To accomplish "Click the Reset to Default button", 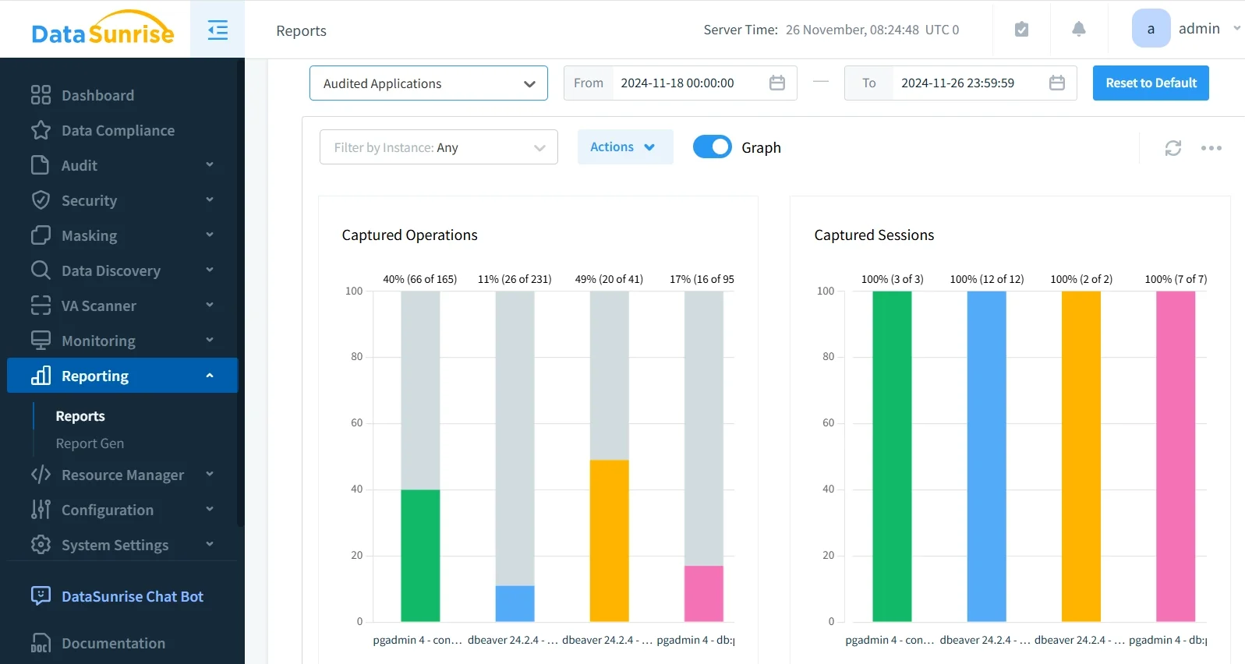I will [x=1150, y=83].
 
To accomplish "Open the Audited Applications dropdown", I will [x=428, y=83].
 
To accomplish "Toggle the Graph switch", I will [x=712, y=147].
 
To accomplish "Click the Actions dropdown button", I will [x=624, y=147].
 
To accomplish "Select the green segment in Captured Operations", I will [x=420, y=555].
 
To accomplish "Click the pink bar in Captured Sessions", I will [x=1175, y=456].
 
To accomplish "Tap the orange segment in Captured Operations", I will [x=609, y=540].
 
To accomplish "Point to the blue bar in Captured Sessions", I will [x=986, y=456].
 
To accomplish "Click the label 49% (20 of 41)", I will [x=609, y=279].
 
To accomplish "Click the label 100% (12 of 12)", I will [x=986, y=279].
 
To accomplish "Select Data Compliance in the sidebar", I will [x=118, y=130].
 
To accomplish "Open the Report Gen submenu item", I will [x=90, y=443].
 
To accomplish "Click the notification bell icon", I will [x=1078, y=30].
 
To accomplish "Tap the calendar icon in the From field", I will [x=776, y=83].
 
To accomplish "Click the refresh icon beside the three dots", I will [x=1172, y=148].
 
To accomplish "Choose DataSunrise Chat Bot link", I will [x=132, y=596].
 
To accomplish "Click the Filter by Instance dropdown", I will [x=438, y=147].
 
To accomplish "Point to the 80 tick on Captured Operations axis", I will [x=356, y=357].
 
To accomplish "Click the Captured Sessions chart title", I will [x=873, y=235].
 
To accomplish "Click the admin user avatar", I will [x=1150, y=29].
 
